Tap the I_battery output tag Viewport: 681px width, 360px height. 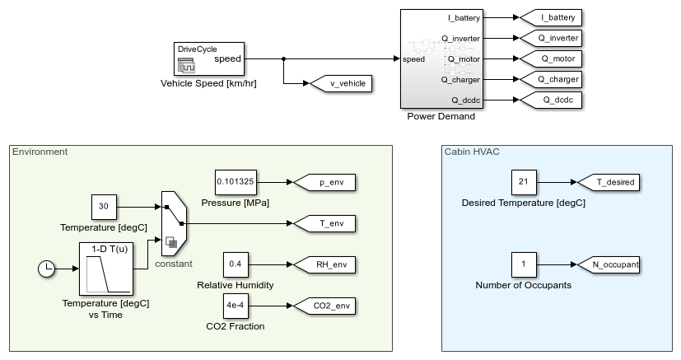point(548,17)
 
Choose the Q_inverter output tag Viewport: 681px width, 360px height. point(548,38)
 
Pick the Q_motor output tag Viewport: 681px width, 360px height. point(548,58)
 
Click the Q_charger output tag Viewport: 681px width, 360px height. point(548,79)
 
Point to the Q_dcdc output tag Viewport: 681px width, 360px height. point(548,100)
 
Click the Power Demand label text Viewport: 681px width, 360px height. point(441,116)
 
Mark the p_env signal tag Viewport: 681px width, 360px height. point(327,182)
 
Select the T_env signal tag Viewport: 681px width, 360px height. point(327,223)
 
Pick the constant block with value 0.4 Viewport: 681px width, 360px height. point(235,264)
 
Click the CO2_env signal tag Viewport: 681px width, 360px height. point(327,306)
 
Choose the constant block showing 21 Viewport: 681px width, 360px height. point(523,182)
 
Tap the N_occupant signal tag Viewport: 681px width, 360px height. point(609,264)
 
